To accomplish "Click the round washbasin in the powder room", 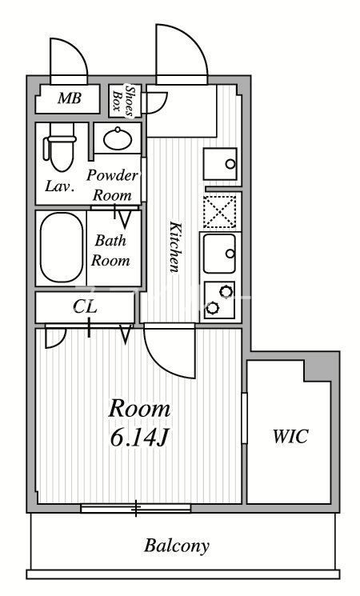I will tap(118, 138).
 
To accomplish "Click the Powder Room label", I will tap(112, 185).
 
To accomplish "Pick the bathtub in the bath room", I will tap(61, 248).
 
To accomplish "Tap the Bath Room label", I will tap(110, 250).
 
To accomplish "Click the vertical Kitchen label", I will tap(174, 247).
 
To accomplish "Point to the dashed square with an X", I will tap(221, 211).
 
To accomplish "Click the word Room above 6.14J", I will tap(139, 410).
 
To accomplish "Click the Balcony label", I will tap(177, 546).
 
